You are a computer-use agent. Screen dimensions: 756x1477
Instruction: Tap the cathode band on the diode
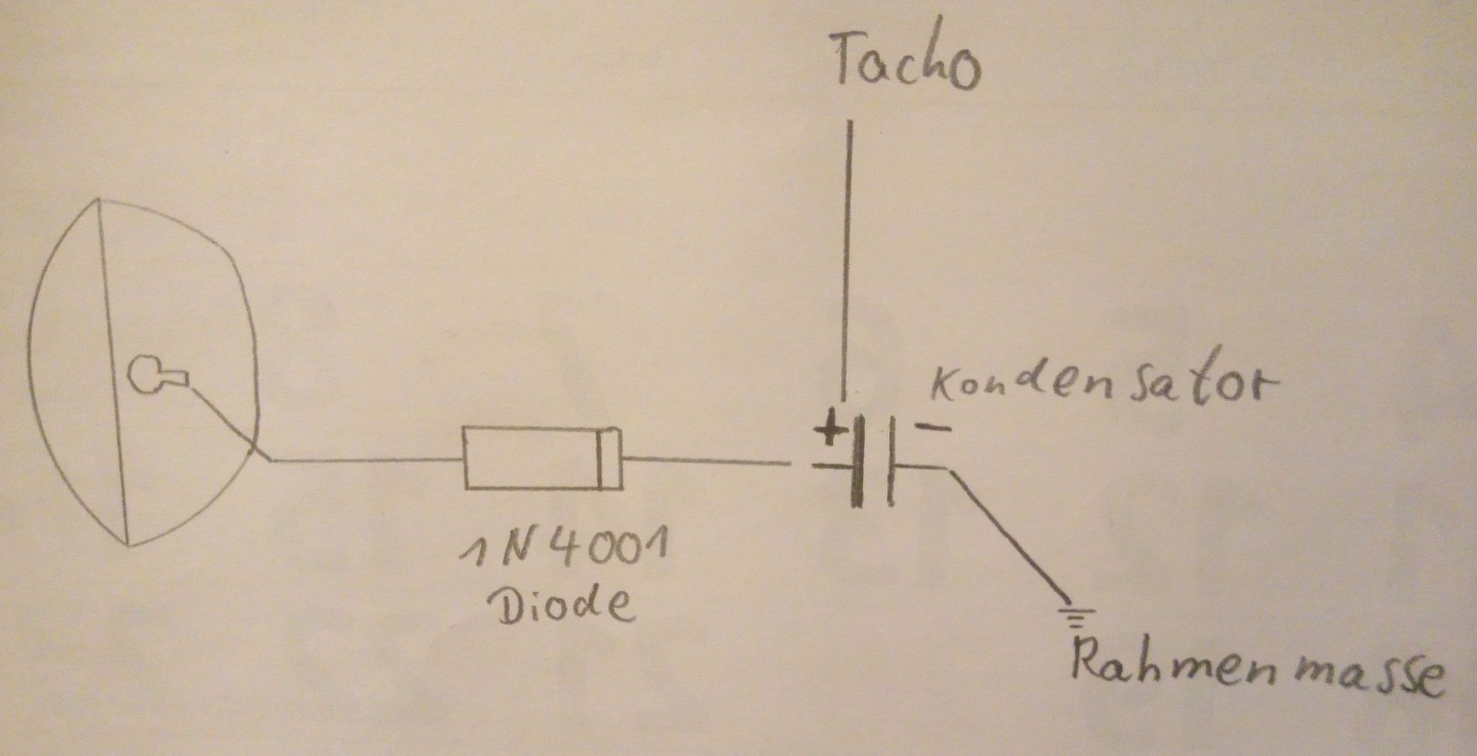coord(609,459)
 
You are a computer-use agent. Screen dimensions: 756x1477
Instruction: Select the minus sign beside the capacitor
coord(934,428)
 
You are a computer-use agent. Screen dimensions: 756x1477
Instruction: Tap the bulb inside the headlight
coord(154,375)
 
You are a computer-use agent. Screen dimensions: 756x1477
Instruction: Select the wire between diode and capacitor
coord(708,462)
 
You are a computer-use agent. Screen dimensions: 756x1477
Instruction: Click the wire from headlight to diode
coord(362,462)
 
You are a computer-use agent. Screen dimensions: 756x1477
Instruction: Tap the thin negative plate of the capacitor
coord(891,462)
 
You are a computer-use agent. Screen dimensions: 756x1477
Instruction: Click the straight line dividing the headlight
coord(113,370)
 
